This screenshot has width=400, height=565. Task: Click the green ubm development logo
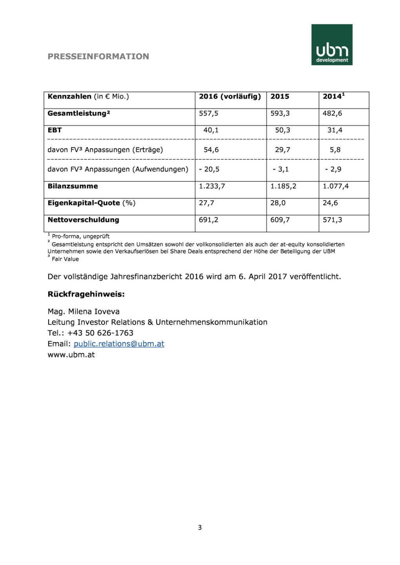pyautogui.click(x=332, y=45)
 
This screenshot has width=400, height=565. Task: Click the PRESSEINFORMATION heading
pyautogui.click(x=98, y=56)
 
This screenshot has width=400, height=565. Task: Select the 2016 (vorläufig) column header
pyautogui.click(x=230, y=97)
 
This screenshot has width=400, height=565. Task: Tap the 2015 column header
pyautogui.click(x=279, y=97)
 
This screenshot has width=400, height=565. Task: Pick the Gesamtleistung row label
pyautogui.click(x=79, y=113)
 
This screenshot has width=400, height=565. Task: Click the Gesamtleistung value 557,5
pyautogui.click(x=208, y=113)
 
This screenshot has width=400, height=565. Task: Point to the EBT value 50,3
pyautogui.click(x=283, y=130)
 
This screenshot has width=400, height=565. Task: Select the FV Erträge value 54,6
pyautogui.click(x=211, y=150)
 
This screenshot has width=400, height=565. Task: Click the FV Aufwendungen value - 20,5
pyautogui.click(x=209, y=169)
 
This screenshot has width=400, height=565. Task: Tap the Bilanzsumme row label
pyautogui.click(x=73, y=186)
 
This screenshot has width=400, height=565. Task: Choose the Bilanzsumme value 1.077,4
pyautogui.click(x=336, y=186)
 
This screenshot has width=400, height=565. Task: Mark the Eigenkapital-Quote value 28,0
pyautogui.click(x=278, y=203)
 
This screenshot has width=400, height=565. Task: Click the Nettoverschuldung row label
pyautogui.click(x=83, y=220)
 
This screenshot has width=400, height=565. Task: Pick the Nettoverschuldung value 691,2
pyautogui.click(x=208, y=220)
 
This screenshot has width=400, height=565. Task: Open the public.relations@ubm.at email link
pyautogui.click(x=119, y=344)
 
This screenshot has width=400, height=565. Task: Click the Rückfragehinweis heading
pyautogui.click(x=86, y=294)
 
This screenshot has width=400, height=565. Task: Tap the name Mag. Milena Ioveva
pyautogui.click(x=84, y=312)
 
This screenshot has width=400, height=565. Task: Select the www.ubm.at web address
pyautogui.click(x=71, y=355)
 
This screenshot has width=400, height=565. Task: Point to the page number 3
pyautogui.click(x=200, y=528)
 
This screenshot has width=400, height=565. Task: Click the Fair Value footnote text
pyautogui.click(x=65, y=259)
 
